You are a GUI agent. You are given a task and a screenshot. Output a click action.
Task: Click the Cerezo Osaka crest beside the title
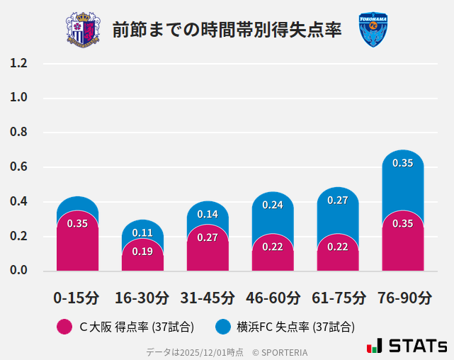(83, 30)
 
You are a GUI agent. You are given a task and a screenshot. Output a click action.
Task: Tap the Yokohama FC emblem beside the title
(373, 30)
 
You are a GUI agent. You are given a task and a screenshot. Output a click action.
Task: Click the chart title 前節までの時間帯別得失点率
(227, 30)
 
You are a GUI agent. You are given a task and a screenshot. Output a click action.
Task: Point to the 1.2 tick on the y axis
(18, 64)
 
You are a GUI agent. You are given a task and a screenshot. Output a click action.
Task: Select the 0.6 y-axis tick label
(18, 167)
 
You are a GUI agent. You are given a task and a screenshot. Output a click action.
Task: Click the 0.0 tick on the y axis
(18, 271)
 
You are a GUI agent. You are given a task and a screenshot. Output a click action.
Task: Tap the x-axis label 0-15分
(76, 298)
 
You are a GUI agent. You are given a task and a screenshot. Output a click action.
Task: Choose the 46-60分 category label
(273, 298)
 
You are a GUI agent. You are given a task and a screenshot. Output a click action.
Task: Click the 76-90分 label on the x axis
(403, 298)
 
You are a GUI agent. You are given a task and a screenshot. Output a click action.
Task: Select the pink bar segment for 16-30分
(142, 257)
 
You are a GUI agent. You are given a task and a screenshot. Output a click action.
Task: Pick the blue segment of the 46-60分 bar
(273, 213)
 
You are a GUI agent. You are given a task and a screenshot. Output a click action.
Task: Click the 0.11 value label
(142, 232)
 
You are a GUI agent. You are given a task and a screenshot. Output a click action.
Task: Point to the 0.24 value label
(273, 205)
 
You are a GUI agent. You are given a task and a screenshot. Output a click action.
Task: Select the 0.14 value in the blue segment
(208, 214)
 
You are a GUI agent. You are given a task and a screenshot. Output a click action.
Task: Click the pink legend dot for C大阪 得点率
(64, 327)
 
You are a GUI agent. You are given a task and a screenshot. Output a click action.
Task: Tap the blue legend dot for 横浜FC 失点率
(223, 327)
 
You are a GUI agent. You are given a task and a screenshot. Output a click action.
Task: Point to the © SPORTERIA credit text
(280, 352)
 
